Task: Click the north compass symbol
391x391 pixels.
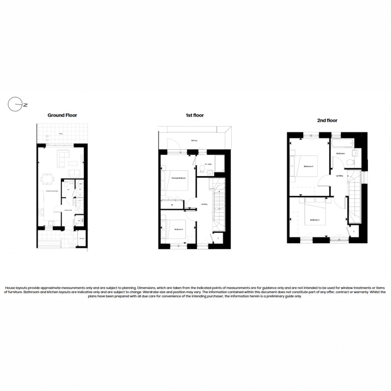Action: tap(14, 105)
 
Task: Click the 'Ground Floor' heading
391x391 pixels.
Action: tap(62, 115)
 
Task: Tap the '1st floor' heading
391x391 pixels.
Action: tap(194, 115)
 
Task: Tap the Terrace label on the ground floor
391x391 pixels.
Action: tap(61, 134)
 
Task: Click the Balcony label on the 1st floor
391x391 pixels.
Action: tap(194, 140)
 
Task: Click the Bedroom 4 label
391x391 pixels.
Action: tap(178, 229)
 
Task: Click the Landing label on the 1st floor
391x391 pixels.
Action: tap(204, 204)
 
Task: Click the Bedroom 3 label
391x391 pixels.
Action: tap(308, 166)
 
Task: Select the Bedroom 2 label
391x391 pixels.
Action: tap(315, 220)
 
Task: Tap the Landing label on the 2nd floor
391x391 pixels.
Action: tap(340, 176)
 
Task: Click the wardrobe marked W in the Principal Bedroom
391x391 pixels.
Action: tap(172, 205)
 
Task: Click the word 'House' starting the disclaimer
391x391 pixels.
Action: tap(10, 288)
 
